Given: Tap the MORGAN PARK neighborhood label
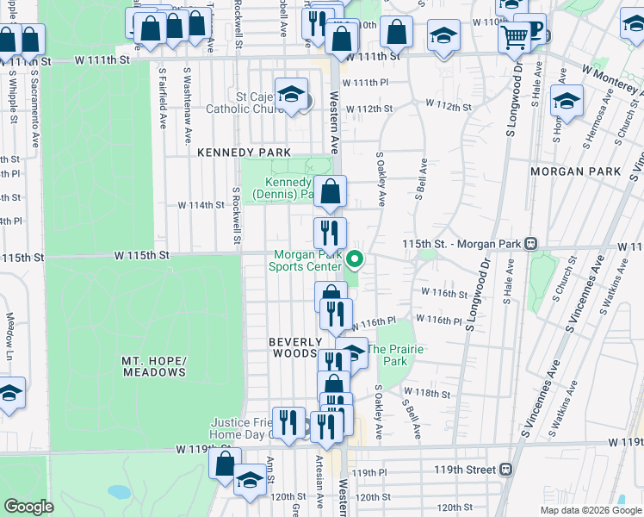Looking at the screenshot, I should pyautogui.click(x=575, y=171).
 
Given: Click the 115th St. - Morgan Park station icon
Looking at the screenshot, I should pyautogui.click(x=531, y=243).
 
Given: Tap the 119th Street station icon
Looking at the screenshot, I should pyautogui.click(x=506, y=470).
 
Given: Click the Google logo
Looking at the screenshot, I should pyautogui.click(x=29, y=507).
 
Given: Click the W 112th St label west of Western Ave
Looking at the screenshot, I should pyautogui.click(x=375, y=109).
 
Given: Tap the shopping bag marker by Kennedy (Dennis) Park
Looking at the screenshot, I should pyautogui.click(x=330, y=192).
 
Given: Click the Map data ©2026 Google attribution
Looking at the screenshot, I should pyautogui.click(x=590, y=510).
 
